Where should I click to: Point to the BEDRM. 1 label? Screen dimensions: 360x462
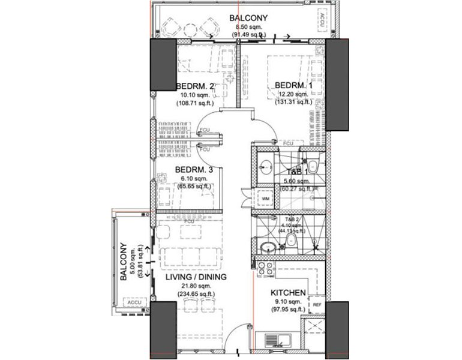coord(293,86)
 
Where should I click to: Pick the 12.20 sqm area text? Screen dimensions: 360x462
coord(293,94)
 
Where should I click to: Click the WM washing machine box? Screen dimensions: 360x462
coord(265,198)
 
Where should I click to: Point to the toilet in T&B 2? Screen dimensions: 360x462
coord(292,241)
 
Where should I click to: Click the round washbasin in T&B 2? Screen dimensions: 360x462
coord(268,245)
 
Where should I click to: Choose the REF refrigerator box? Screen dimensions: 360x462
coord(316,305)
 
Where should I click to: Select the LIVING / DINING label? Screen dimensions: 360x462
coord(196,277)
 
